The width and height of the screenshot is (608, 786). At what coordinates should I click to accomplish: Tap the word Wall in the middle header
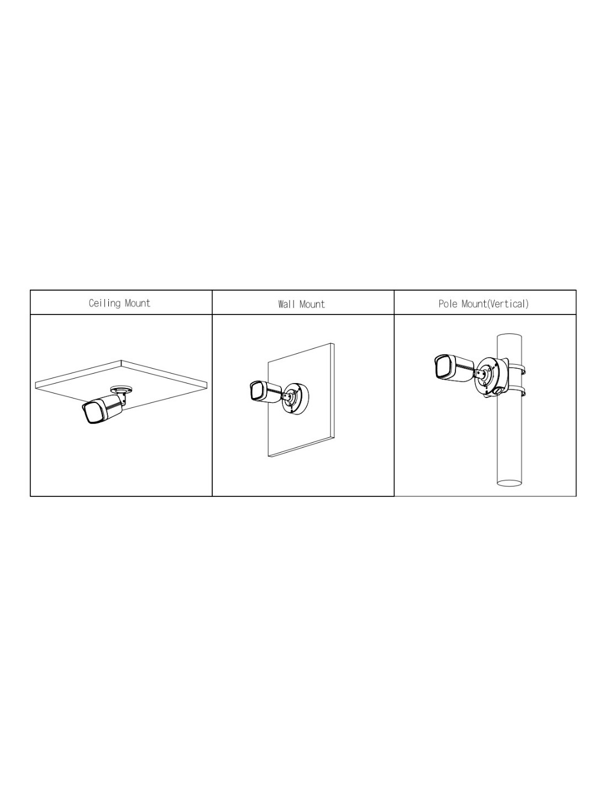[x=285, y=304]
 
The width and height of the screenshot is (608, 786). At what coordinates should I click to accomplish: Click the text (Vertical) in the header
[x=508, y=303]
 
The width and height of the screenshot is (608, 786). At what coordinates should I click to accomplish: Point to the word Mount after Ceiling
[x=138, y=303]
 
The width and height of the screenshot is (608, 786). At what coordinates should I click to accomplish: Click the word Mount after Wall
[x=311, y=304]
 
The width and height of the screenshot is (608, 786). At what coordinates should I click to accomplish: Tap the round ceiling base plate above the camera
[x=121, y=389]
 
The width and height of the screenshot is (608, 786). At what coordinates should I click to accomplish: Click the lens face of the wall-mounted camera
[x=256, y=391]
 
